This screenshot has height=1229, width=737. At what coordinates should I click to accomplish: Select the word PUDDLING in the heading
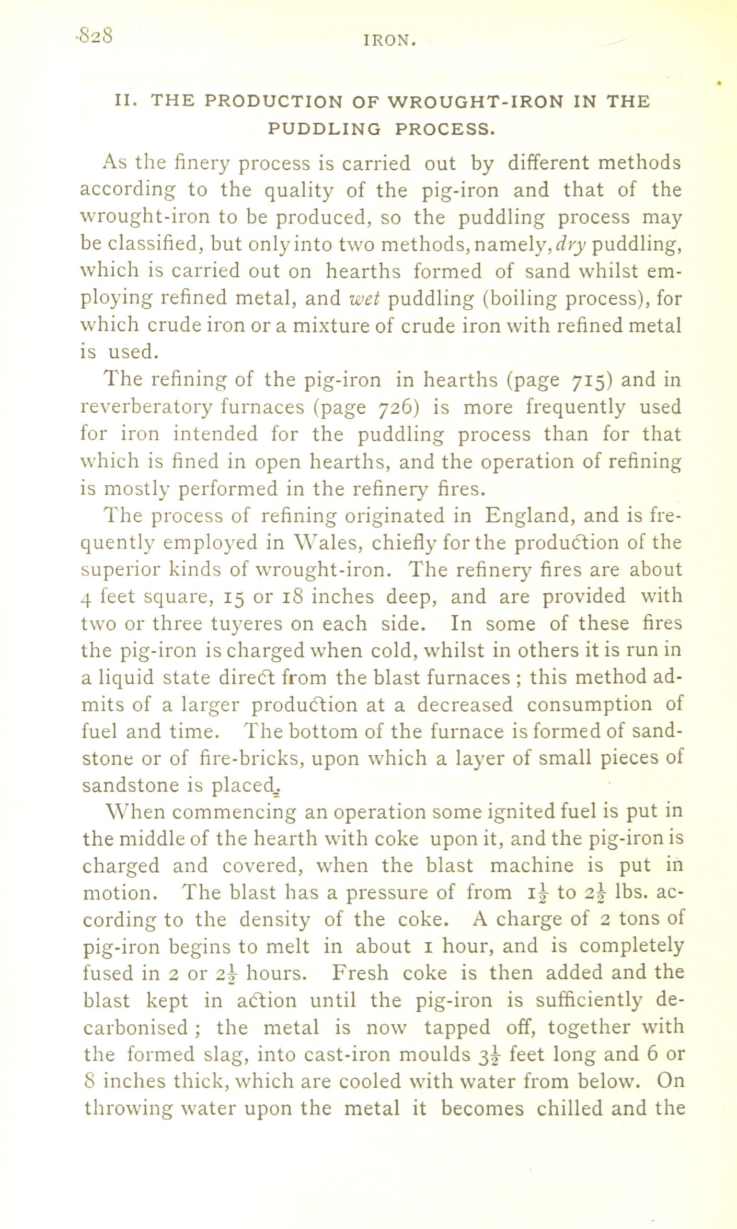(324, 128)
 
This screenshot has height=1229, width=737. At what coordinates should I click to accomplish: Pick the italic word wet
(365, 299)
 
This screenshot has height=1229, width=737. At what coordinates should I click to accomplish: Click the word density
(275, 920)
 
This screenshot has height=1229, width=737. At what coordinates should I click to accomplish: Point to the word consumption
(589, 705)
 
